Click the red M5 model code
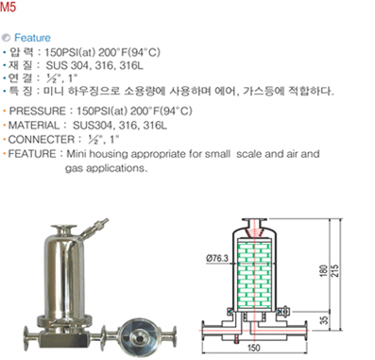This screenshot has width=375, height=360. [x=8, y=6]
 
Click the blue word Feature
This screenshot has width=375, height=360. [x=32, y=38]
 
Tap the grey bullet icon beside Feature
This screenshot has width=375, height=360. [x=7, y=38]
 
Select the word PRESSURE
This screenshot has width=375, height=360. [x=37, y=111]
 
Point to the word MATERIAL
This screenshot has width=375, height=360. [x=34, y=126]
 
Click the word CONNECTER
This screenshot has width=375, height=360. [x=42, y=140]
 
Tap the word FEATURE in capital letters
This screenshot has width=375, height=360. [x=32, y=154]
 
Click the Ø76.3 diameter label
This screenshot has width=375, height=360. [x=217, y=259]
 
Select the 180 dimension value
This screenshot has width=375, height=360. [x=324, y=270]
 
